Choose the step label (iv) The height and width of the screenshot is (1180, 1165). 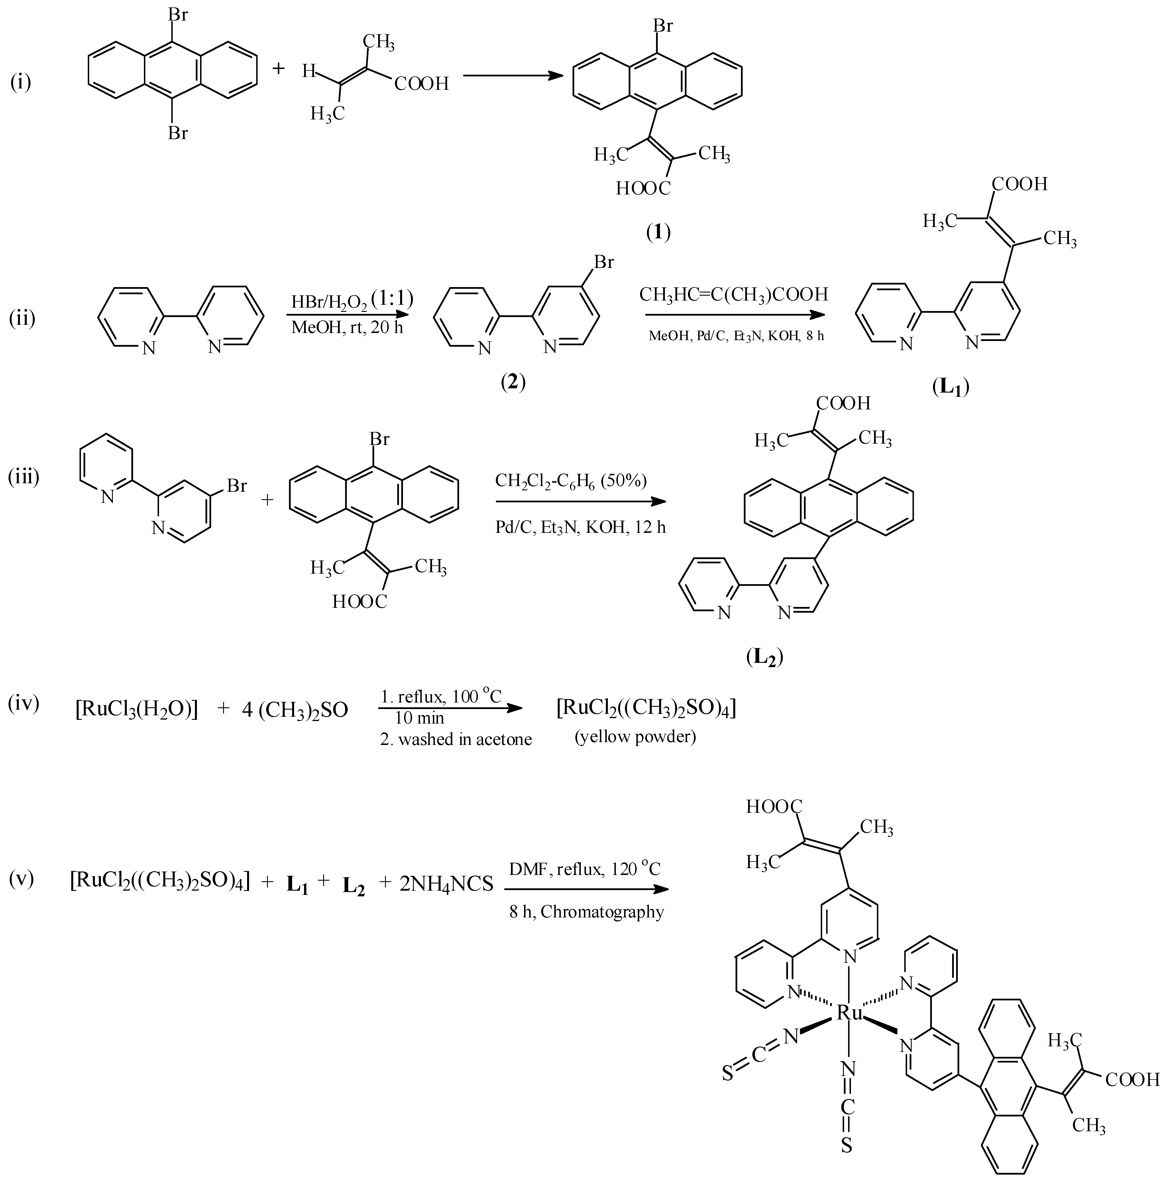23,704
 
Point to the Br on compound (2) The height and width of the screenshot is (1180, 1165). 604,262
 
